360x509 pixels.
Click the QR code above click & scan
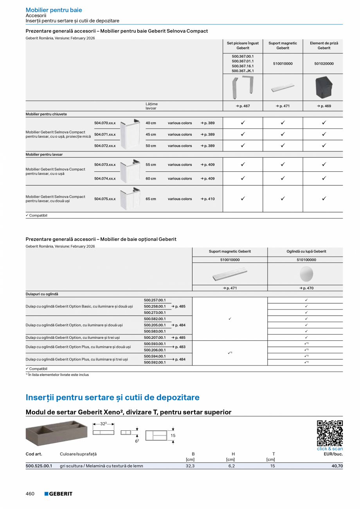329,433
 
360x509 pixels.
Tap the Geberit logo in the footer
58,494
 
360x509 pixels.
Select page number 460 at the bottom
30,494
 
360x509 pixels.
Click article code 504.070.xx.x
105,123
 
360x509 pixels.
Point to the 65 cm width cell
151,199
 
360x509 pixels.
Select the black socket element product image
324,87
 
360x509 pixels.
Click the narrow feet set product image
243,87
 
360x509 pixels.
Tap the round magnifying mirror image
306,274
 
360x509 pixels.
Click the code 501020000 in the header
324,63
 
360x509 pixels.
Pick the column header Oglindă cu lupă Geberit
306,252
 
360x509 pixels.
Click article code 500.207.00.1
155,337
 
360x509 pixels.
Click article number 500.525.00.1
39,466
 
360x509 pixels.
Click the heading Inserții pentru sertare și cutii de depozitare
112,397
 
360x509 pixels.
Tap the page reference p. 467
243,106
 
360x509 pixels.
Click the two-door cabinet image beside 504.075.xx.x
130,199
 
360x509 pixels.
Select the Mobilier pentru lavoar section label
44,155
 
